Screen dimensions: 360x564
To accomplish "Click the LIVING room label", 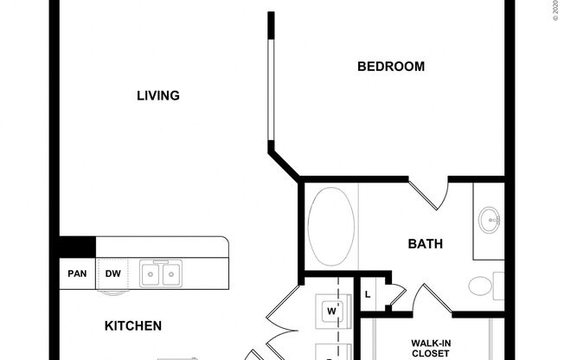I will [158, 95].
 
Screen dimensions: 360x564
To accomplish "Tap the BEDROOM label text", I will [391, 66].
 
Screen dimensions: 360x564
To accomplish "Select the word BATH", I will [425, 244].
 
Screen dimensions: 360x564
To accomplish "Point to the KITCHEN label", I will [133, 326].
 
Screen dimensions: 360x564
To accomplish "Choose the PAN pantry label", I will [77, 274].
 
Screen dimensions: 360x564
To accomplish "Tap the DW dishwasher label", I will [113, 274].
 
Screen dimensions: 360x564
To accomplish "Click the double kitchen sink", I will [160, 274].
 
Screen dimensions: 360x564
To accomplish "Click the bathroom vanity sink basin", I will [490, 220].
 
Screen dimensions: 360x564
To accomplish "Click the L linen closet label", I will [368, 294].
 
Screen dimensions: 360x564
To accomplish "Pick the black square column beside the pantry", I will [77, 247].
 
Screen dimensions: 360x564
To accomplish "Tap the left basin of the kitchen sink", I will [151, 274].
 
